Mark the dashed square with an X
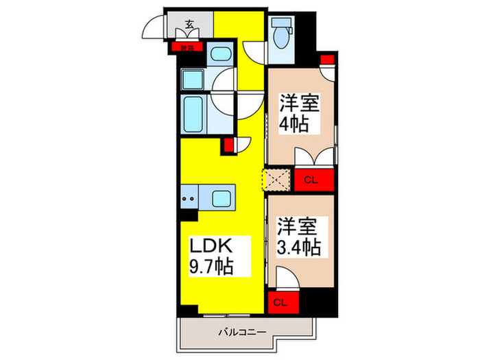coord(278,180)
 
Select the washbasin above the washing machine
coord(219,56)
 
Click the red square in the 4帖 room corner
coord(326,59)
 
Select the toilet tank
coord(282,21)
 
